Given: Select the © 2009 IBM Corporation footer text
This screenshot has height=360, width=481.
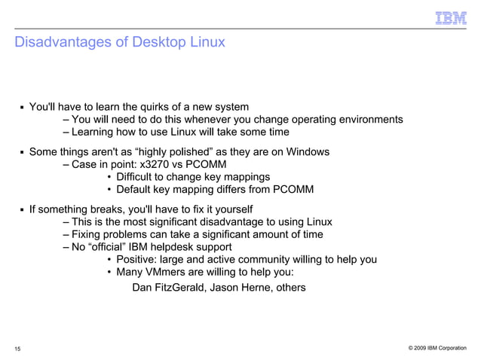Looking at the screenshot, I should [437, 348].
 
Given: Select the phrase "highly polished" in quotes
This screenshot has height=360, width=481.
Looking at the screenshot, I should [174, 151].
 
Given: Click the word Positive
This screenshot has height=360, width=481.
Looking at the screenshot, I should [139, 260].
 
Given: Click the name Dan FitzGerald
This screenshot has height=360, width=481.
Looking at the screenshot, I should [167, 287].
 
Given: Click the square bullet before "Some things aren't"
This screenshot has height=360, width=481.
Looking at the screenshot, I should [22, 152].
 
